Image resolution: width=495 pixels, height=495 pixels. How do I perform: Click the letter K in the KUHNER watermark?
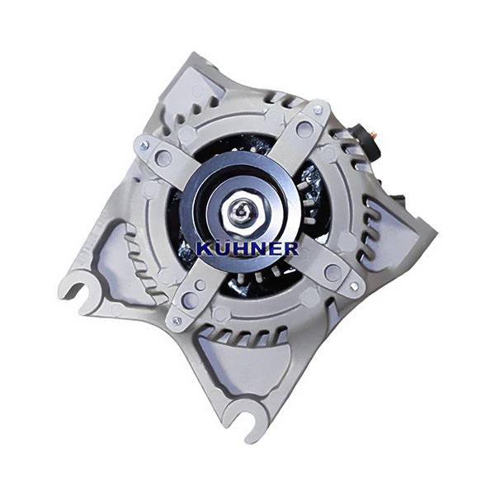(x=205, y=249)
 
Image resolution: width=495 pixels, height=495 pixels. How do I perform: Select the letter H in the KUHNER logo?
(x=239, y=249)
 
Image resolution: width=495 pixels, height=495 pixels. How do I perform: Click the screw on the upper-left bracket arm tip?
(x=144, y=145)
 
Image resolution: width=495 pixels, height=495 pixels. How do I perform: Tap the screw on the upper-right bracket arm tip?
(x=318, y=110)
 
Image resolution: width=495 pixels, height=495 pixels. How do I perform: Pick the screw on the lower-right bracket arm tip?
(x=354, y=285)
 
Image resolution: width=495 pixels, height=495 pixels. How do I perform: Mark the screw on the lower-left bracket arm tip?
(x=177, y=321)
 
